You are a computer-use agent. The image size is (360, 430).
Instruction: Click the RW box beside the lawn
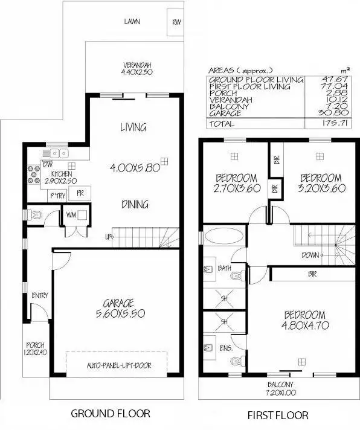[x=176, y=23]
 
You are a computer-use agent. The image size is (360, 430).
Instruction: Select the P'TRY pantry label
[x=57, y=194]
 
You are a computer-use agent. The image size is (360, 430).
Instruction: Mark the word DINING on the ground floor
[x=134, y=204]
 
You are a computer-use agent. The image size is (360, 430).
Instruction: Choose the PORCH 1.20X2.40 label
[x=36, y=348]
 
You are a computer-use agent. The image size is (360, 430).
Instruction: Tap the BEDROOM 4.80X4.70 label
[x=304, y=320]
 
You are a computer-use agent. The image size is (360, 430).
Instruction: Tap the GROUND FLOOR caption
[x=111, y=414]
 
